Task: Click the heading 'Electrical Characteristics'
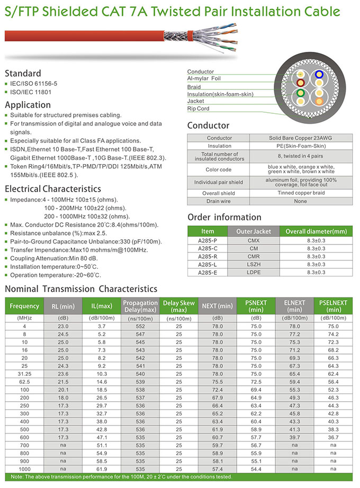52,188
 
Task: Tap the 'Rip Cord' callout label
199,109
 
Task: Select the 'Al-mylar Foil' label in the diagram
204,78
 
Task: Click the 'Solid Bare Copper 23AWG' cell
301,138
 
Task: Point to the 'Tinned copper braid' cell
301,193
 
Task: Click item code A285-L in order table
208,264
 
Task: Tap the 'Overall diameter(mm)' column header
316,231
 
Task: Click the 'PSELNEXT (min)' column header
334,306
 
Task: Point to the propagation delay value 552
140,327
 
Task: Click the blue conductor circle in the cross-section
319,75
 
